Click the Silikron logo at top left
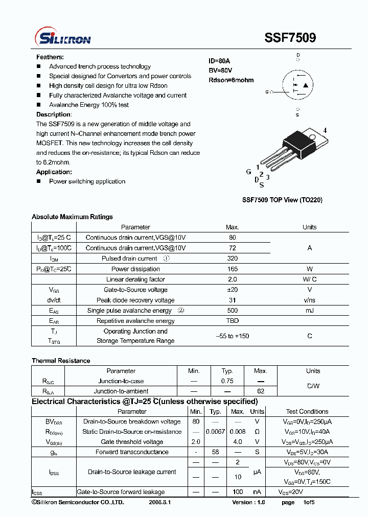(x=62, y=38)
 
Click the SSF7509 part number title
(x=290, y=38)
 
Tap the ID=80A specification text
(x=219, y=61)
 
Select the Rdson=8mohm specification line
(x=231, y=80)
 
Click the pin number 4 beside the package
(x=325, y=130)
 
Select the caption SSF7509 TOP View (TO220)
(x=282, y=200)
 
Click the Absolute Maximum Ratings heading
(x=72, y=217)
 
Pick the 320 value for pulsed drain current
(x=232, y=258)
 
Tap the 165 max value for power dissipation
(x=232, y=269)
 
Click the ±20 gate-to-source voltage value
(x=232, y=290)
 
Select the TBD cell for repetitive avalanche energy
(x=232, y=321)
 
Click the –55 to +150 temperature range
(x=232, y=336)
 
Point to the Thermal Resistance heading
(x=61, y=361)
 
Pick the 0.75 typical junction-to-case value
(x=227, y=381)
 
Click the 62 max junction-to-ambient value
(x=261, y=391)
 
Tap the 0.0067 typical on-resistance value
(x=215, y=432)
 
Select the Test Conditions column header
(x=307, y=411)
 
